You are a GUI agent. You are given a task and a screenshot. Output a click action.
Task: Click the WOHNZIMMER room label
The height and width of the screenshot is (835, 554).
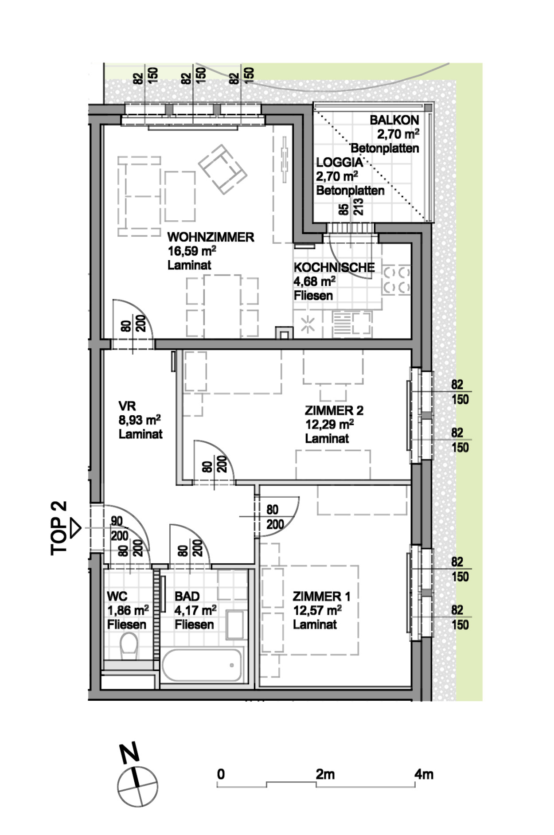(211, 237)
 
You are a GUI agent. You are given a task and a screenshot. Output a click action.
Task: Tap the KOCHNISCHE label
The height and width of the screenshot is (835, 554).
(334, 267)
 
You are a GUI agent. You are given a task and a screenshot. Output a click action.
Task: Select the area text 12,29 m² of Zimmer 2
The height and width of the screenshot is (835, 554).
(329, 424)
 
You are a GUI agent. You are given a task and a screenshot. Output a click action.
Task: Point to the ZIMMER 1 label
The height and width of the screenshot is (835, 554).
(321, 597)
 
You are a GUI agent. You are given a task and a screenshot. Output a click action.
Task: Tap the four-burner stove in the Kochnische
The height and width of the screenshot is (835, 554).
(397, 280)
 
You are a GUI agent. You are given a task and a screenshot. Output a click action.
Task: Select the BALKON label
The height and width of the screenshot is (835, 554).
(394, 120)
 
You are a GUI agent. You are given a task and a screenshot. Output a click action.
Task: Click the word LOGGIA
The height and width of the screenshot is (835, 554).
(339, 162)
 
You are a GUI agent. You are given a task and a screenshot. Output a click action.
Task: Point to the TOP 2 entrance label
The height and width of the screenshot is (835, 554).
(59, 528)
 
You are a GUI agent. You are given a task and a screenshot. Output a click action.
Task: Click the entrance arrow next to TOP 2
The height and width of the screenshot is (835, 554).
(76, 528)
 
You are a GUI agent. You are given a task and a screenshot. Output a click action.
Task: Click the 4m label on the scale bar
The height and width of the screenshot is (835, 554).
(424, 774)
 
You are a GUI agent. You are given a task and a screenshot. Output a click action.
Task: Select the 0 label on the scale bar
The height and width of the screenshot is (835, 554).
(221, 774)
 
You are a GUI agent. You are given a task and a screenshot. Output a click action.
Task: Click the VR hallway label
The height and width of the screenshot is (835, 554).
(127, 406)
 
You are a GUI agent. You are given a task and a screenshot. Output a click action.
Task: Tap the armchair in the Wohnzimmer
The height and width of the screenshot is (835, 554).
(222, 169)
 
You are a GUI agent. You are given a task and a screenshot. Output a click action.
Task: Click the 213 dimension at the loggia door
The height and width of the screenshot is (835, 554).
(359, 207)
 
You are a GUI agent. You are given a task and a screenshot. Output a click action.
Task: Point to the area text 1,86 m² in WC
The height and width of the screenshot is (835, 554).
(128, 610)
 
